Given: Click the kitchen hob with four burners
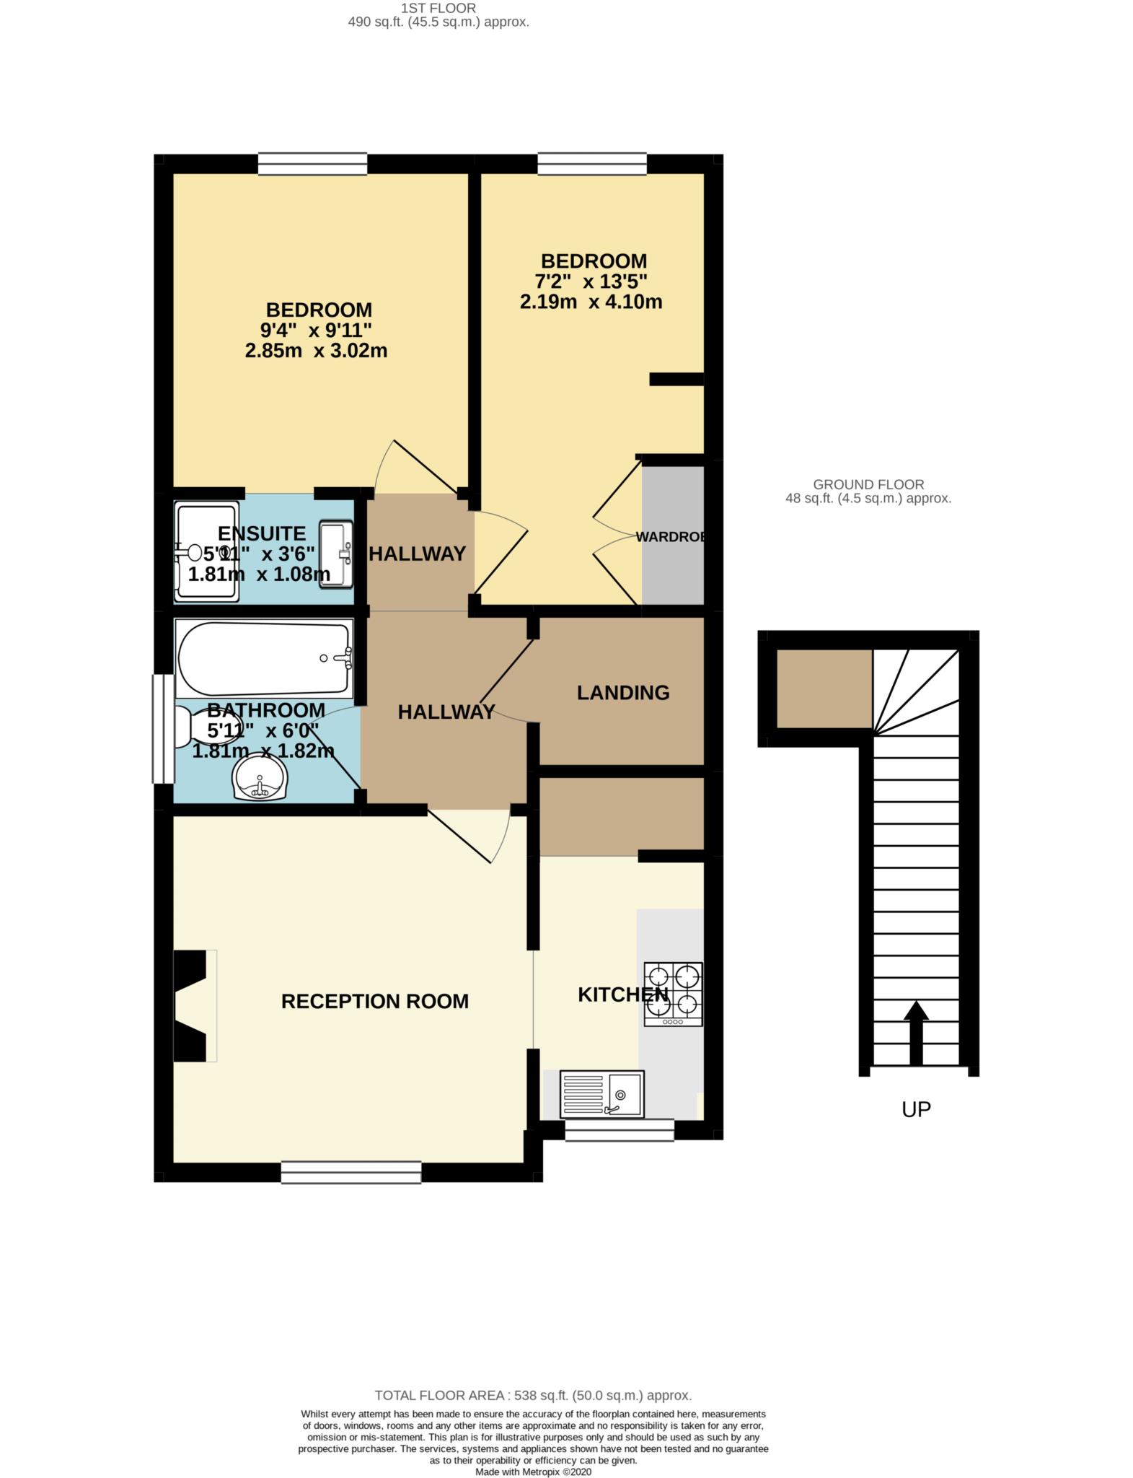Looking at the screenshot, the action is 673,994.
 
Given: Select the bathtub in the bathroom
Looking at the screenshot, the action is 264,659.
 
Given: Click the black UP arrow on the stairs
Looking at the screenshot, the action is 916,1033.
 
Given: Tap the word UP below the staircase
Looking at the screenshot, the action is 916,1109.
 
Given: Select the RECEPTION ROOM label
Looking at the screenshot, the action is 375,1001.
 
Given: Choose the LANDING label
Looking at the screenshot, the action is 623,693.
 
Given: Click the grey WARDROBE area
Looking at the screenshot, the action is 673,535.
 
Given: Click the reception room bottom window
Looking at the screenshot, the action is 351,1172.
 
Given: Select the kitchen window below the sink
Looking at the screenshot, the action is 620,1130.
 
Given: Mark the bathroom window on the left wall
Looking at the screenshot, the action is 163,729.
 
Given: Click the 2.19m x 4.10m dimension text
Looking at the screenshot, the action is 591,302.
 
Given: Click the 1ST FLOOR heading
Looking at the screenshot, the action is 438,9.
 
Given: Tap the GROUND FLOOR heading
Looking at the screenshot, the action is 868,485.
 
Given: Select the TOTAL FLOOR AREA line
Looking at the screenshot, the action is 533,1396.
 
